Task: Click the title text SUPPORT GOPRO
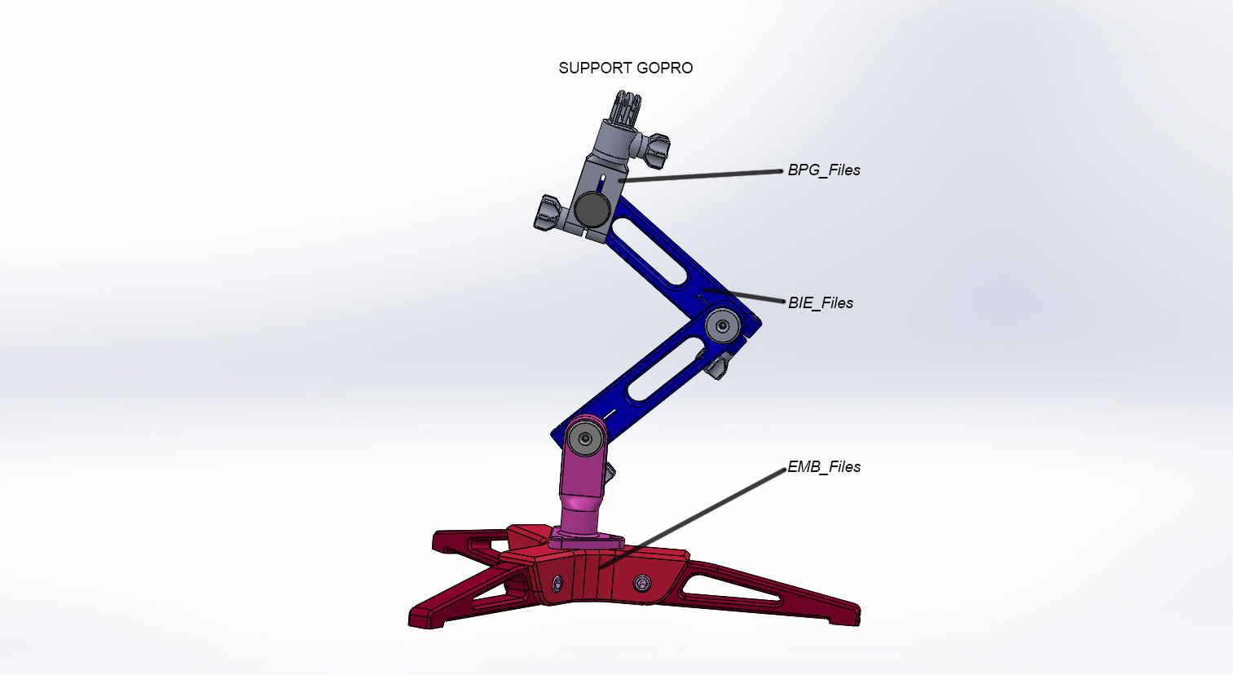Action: pyautogui.click(x=625, y=68)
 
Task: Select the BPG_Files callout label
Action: pyautogui.click(x=823, y=170)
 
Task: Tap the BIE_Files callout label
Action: pyautogui.click(x=820, y=303)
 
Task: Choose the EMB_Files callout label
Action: pyautogui.click(x=823, y=467)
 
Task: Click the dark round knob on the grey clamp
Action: pyautogui.click(x=592, y=210)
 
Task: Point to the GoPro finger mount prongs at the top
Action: pyautogui.click(x=625, y=109)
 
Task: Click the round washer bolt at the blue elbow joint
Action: pyautogui.click(x=722, y=327)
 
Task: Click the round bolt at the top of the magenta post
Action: pyautogui.click(x=585, y=439)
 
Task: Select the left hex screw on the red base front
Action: pyautogui.click(x=557, y=583)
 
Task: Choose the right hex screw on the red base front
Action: pyautogui.click(x=643, y=582)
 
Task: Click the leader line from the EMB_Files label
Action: pyautogui.click(x=693, y=517)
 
